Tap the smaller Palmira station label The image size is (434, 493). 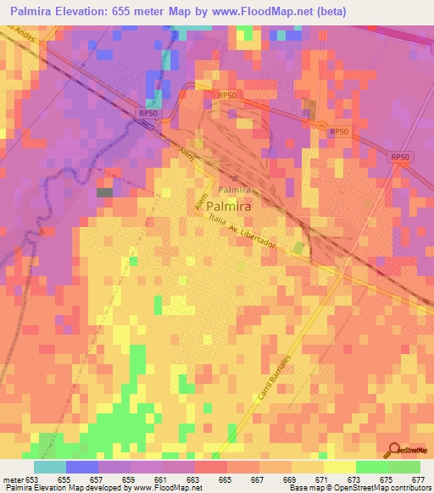pos(236,190)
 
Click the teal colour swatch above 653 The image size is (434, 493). pos(50,467)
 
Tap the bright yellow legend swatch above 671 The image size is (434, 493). pos(340,467)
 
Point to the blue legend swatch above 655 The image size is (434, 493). pos(82,467)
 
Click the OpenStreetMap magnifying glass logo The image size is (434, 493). pos(391,451)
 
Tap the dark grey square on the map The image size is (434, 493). pos(104,193)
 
